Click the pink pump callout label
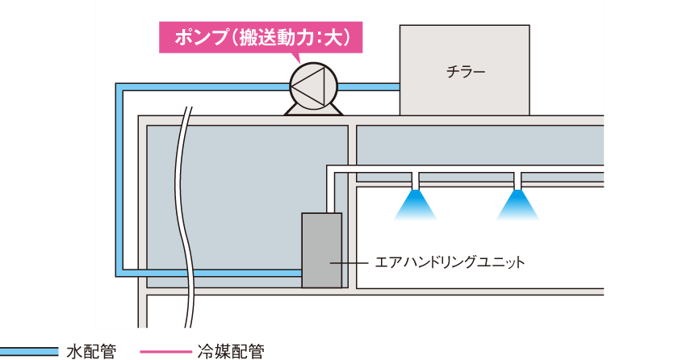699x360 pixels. [261, 37]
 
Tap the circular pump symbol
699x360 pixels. [313, 86]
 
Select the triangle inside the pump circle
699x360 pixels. [308, 86]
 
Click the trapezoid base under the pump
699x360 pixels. [313, 110]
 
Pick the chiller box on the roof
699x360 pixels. [464, 70]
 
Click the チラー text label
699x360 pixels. [466, 71]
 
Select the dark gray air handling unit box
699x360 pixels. [322, 250]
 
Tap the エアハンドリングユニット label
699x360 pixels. [450, 262]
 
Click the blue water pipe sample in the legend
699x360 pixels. [29, 352]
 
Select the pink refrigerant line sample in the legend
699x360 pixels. [165, 352]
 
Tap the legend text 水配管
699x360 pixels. [91, 352]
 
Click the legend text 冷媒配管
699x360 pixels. [231, 352]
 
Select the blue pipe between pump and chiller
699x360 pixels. [369, 87]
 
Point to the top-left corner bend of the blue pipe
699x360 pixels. [119, 87]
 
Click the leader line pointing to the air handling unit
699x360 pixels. [349, 263]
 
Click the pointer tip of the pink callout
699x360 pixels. [299, 64]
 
